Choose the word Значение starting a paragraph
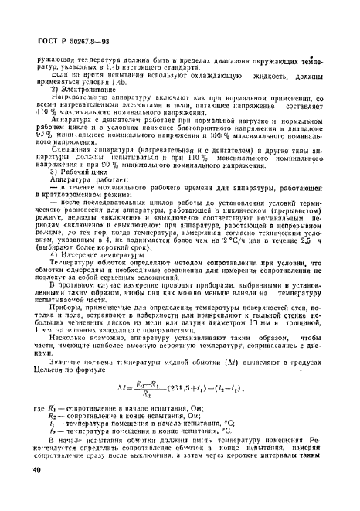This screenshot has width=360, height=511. pos(70,375)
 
